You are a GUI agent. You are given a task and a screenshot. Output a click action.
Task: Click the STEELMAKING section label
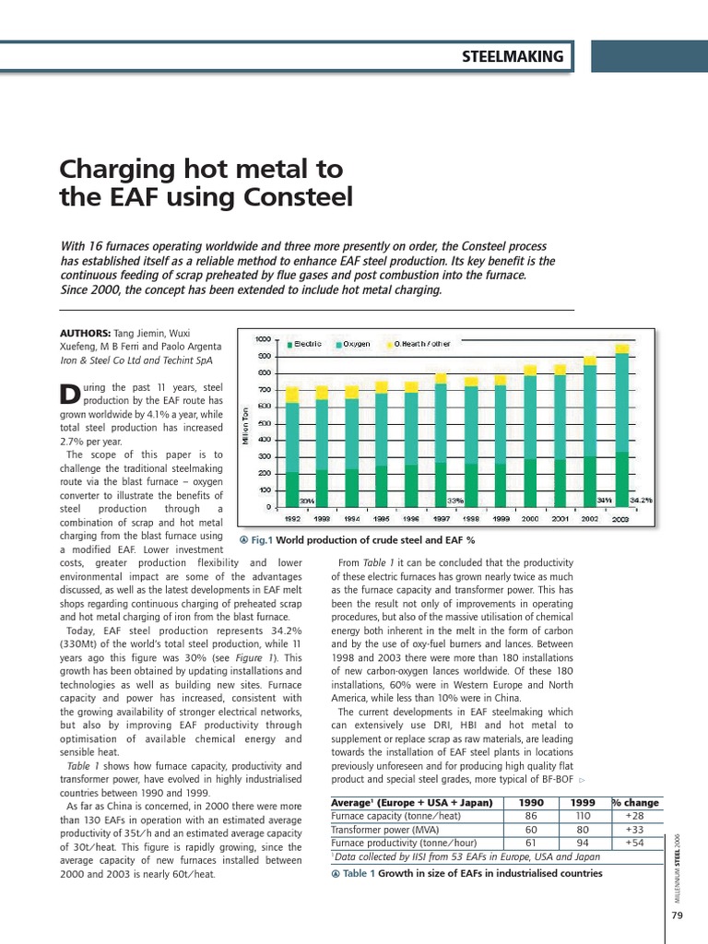tap(512, 57)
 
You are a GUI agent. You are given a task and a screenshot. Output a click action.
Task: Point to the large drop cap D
tap(69, 394)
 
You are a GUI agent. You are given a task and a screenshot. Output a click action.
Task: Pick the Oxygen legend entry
tap(354, 344)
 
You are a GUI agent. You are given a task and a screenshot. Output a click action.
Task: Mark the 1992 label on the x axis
tap(292, 519)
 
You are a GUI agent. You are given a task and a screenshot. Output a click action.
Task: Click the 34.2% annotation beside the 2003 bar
tap(642, 500)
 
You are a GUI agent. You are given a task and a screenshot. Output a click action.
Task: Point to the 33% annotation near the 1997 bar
tap(455, 500)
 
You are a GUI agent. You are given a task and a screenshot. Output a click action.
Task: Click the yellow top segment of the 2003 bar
tap(623, 349)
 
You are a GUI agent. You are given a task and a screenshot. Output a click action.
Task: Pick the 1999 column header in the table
tap(583, 802)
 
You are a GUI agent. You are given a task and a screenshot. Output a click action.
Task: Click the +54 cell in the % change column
tap(634, 843)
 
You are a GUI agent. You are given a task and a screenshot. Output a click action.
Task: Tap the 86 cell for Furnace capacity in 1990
tap(531, 816)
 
